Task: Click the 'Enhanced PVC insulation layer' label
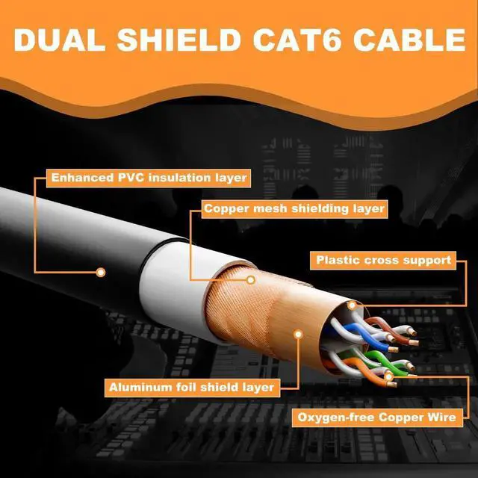147,179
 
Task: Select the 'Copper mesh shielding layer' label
294,209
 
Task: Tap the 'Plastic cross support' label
383,261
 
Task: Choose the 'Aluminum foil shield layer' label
191,388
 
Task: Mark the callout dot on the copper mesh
252,280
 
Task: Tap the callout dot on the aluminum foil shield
298,335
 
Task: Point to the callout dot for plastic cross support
353,305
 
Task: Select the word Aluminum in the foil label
137,388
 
